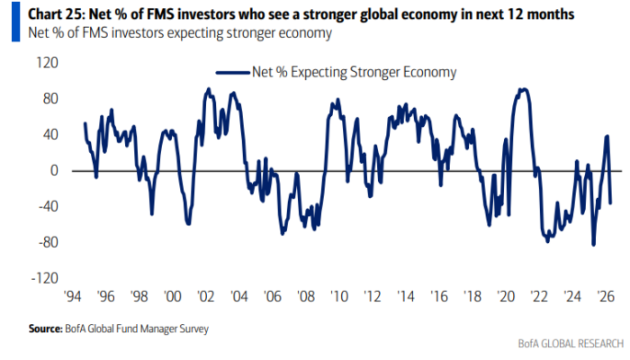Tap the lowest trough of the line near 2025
coord(593,244)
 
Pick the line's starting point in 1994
coord(85,123)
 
